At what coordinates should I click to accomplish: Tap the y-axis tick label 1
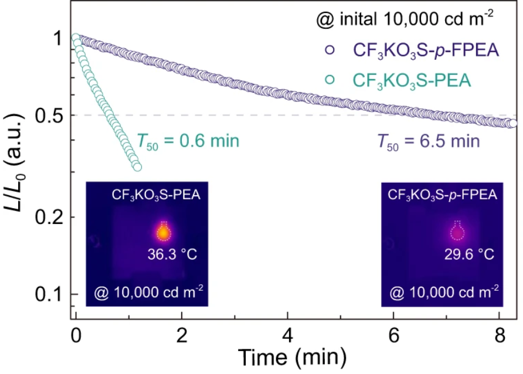pyautogui.click(x=56, y=39)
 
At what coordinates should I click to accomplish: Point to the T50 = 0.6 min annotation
pyautogui.click(x=188, y=141)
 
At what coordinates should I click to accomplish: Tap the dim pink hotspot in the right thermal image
pyautogui.click(x=457, y=233)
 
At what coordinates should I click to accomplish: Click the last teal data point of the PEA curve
pyautogui.click(x=137, y=167)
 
